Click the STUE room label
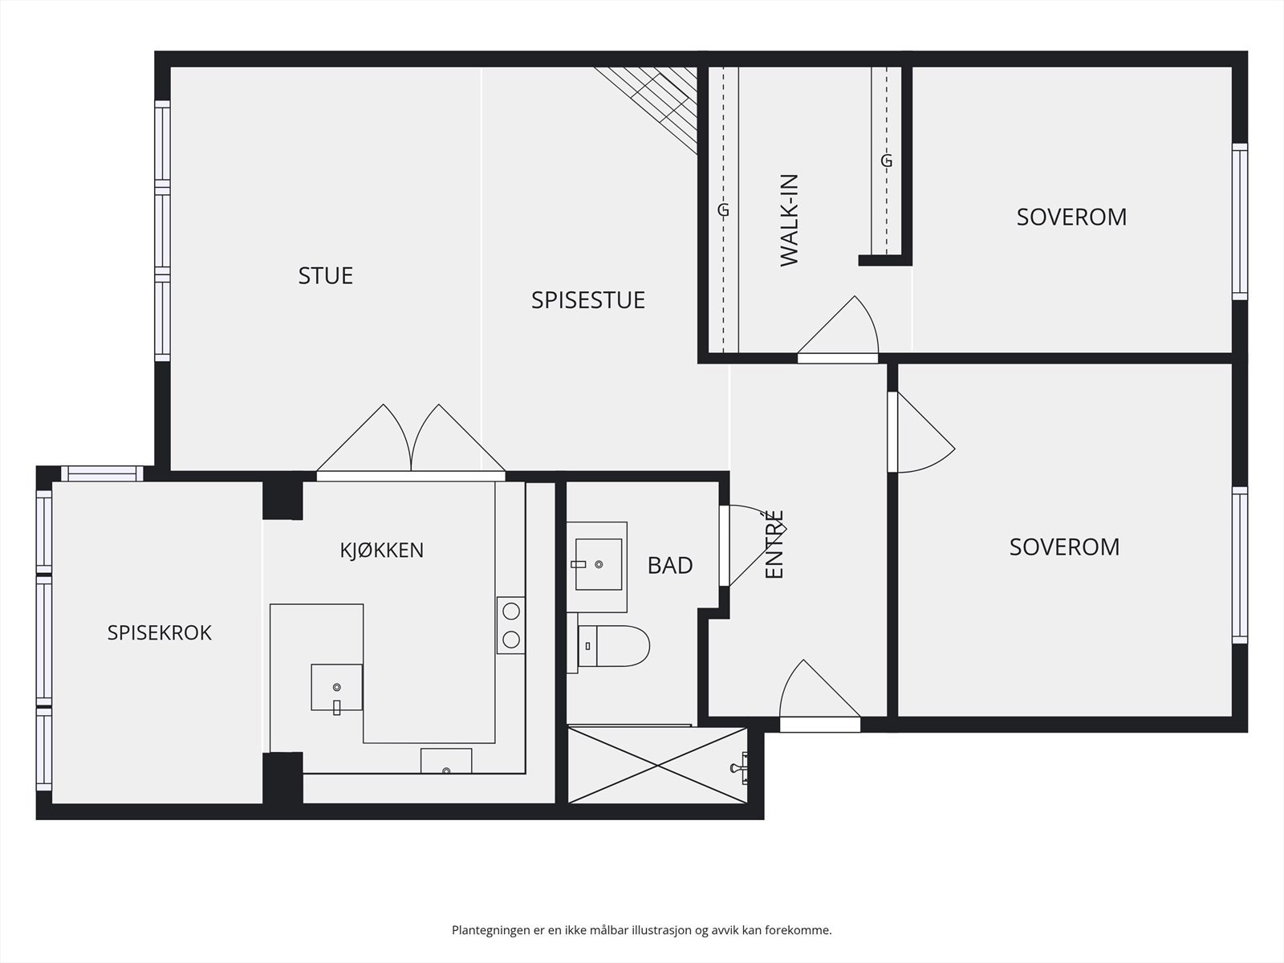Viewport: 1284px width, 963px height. pos(325,275)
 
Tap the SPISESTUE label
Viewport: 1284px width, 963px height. pos(588,300)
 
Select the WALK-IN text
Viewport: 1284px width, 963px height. pos(789,221)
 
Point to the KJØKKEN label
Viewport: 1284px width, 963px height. pos(381,551)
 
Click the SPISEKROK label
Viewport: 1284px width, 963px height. pos(159,632)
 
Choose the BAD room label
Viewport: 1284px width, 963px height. pos(670,566)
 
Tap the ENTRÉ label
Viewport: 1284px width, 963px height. pos(774,544)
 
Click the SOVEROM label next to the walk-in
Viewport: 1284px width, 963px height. pos(1071,217)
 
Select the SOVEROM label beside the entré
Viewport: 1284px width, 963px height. pos(1064,547)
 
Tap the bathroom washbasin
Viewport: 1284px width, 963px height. pos(598,565)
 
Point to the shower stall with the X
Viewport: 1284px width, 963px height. pos(657,766)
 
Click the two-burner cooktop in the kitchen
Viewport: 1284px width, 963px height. pos(511,625)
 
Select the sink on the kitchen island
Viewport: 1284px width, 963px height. pos(336,688)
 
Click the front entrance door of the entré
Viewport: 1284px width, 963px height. pos(820,696)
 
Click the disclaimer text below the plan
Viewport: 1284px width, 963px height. pos(642,929)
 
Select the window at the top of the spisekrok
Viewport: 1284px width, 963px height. pos(103,473)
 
